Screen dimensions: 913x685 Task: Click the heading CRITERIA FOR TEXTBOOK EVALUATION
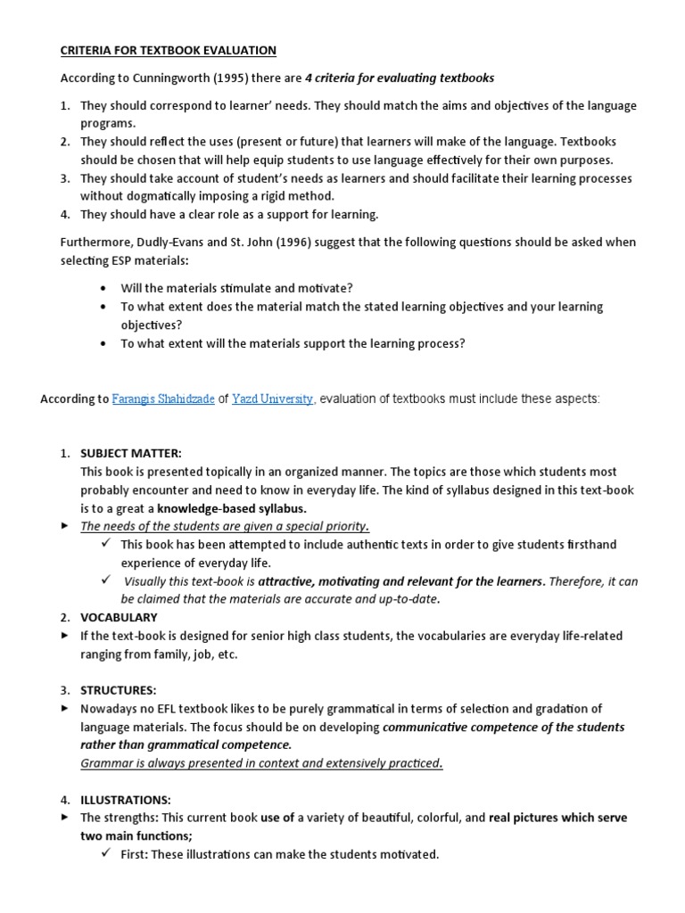point(168,51)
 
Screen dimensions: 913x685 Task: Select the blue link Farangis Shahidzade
point(163,399)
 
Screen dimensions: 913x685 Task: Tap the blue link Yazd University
point(272,399)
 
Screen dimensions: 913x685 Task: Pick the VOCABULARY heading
point(119,617)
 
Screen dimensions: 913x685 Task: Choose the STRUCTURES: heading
point(118,690)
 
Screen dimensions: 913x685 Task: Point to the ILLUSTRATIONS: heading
point(126,800)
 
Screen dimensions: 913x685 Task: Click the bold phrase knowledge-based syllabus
point(232,508)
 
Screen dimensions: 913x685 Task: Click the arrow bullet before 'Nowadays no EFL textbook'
point(64,709)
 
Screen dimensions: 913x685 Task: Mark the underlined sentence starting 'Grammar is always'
point(261,763)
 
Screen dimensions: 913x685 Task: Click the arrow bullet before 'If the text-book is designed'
point(64,636)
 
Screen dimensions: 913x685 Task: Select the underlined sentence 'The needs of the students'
point(225,526)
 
